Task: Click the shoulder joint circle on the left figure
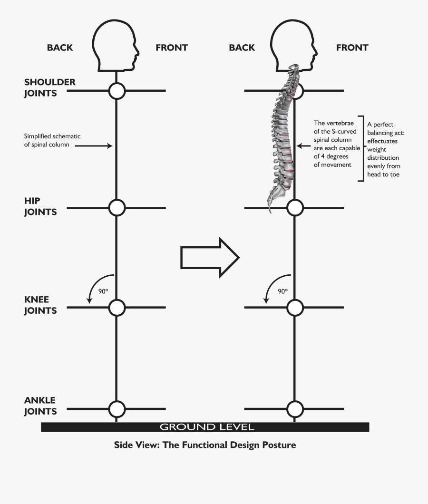tap(117, 90)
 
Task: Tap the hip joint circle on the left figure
tap(117, 208)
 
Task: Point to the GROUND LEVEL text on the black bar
tap(207, 426)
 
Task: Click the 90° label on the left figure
tap(104, 291)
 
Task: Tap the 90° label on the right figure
tap(283, 291)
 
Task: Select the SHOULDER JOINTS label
tap(49, 87)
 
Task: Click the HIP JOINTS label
tap(40, 206)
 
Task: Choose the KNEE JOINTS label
tap(40, 305)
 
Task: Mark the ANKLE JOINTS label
tap(40, 406)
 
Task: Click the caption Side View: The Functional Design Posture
tap(205, 445)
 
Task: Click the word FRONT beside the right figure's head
tap(352, 48)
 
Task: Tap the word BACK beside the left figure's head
tap(60, 48)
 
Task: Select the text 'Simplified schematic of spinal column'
tap(52, 140)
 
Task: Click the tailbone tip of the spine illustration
tap(269, 209)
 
